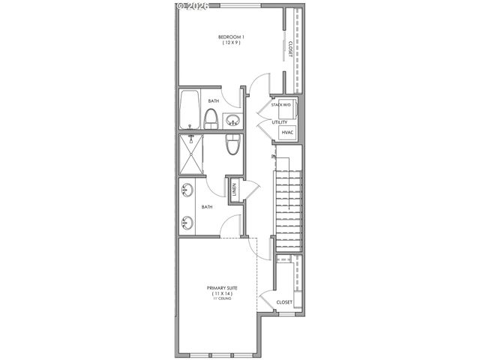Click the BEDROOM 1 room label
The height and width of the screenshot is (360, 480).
tap(231, 37)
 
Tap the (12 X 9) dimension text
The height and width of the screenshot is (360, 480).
tap(231, 43)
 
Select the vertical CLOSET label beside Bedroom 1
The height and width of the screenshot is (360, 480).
tap(290, 48)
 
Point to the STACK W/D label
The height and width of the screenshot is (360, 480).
tap(281, 106)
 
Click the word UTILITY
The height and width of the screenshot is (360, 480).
tap(280, 121)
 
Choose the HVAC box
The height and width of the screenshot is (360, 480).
tap(288, 133)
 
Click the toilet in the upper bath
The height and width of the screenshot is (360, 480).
tap(212, 118)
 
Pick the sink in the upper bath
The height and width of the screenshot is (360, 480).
tap(232, 120)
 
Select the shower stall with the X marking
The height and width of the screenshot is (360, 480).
tap(190, 155)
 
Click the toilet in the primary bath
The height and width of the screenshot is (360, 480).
tap(232, 144)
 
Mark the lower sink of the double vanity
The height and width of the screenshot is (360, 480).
tap(186, 221)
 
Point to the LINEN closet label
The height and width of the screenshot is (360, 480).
tap(235, 189)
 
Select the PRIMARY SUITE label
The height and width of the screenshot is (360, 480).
tap(220, 287)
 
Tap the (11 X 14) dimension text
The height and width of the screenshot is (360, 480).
tap(220, 293)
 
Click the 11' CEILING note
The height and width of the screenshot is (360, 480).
tap(220, 299)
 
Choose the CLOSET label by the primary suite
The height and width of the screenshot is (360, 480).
tap(284, 302)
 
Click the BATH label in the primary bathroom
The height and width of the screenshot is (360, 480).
tap(206, 207)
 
